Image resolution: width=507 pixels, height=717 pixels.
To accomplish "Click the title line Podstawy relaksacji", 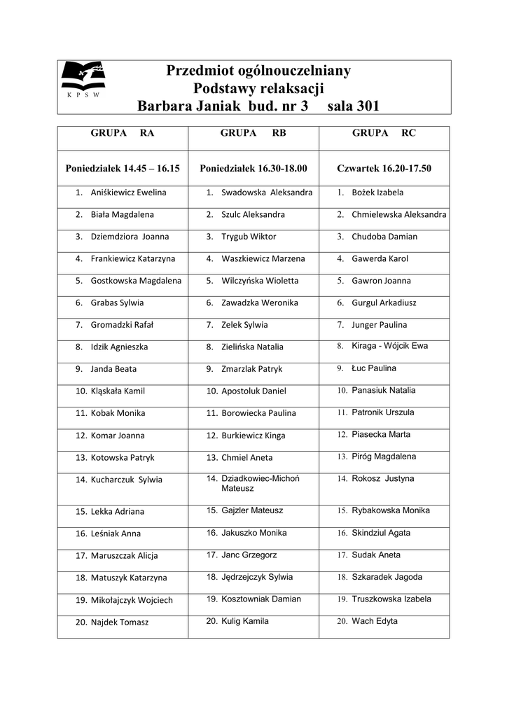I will (x=258, y=89).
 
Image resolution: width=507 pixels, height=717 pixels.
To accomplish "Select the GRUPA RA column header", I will (x=123, y=133).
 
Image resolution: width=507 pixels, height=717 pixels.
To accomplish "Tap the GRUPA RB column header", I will (x=253, y=133).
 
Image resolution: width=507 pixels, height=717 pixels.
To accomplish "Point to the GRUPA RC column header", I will (x=384, y=133).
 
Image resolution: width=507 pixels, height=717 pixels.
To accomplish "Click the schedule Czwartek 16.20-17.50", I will (x=384, y=169).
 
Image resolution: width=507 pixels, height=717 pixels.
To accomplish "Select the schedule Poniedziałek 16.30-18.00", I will (x=253, y=169).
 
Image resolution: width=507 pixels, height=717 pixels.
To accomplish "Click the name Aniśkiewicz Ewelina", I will (x=129, y=193).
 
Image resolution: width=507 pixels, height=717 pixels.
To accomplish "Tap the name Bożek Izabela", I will (x=377, y=193).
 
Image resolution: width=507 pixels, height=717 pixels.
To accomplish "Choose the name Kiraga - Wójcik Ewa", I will (x=390, y=346).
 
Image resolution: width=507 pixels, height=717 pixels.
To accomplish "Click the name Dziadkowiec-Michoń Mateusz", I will (x=261, y=483).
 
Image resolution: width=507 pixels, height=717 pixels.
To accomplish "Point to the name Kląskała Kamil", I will (x=118, y=391).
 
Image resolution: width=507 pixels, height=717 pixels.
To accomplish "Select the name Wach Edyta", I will (x=375, y=621).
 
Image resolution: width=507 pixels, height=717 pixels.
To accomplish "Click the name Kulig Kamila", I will (x=245, y=621).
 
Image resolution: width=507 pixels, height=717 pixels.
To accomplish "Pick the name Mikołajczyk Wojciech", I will (x=132, y=600).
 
